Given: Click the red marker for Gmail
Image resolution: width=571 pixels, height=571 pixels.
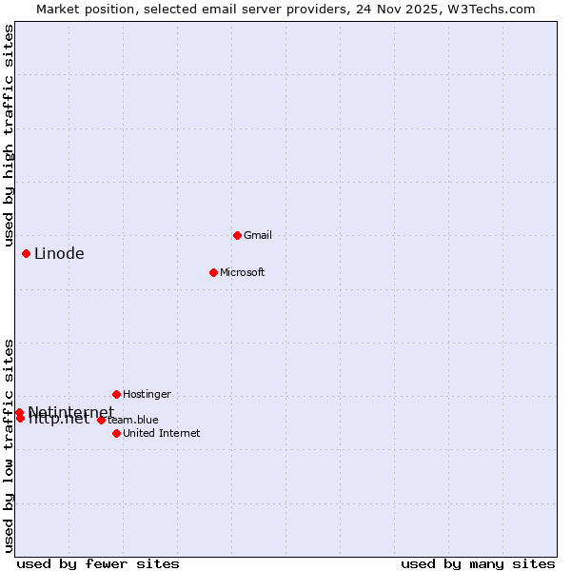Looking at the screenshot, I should [237, 235].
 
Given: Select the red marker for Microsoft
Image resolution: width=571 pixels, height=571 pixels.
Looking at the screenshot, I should [213, 272].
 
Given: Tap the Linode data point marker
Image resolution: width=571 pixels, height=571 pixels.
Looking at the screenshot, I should [26, 253].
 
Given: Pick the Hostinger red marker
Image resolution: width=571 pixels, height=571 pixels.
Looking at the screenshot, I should [116, 394].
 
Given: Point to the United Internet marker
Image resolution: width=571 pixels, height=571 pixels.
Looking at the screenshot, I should [116, 433].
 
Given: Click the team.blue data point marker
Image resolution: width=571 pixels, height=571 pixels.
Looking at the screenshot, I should [101, 420].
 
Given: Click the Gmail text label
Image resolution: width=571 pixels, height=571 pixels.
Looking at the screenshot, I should [258, 235].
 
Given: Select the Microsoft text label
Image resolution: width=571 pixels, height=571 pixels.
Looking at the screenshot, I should [242, 272].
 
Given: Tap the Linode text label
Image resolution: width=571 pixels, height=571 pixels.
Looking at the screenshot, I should [59, 253].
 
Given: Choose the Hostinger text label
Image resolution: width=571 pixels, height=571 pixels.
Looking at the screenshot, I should [147, 394].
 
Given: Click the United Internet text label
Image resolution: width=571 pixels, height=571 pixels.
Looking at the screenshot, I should [161, 433].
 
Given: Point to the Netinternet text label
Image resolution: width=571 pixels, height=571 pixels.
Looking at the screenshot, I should [70, 412].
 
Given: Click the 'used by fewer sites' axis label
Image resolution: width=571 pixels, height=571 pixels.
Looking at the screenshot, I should [98, 563].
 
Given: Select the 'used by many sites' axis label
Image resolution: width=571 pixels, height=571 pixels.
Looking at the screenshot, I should [478, 563].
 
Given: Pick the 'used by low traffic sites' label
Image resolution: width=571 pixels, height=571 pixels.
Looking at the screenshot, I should [9, 444].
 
